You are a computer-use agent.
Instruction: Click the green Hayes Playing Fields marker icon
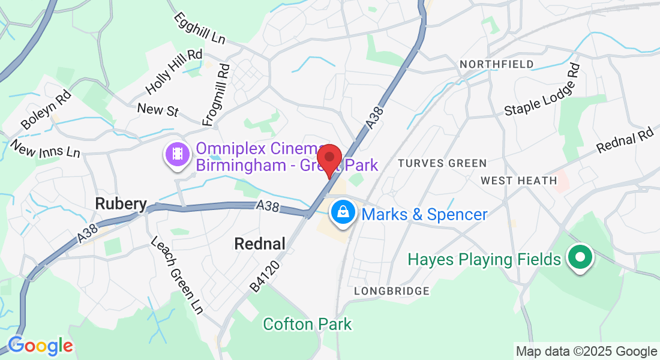[580, 258]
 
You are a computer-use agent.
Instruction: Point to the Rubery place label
[121, 205]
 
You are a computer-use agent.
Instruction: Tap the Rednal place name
[259, 244]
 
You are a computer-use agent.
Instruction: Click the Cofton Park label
[307, 325]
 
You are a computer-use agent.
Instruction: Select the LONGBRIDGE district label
[391, 291]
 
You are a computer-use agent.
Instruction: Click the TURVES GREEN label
[442, 163]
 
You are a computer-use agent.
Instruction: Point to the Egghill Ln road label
[199, 28]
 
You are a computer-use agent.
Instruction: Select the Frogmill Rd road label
[216, 95]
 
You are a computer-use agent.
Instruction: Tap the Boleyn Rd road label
[46, 110]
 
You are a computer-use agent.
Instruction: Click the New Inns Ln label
[45, 149]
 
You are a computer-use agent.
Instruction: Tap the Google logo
[40, 346]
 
